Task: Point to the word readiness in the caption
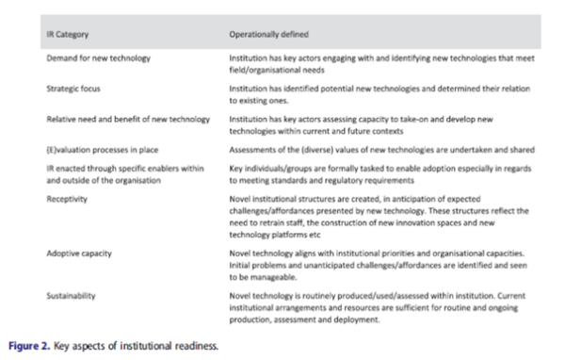point(192,345)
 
